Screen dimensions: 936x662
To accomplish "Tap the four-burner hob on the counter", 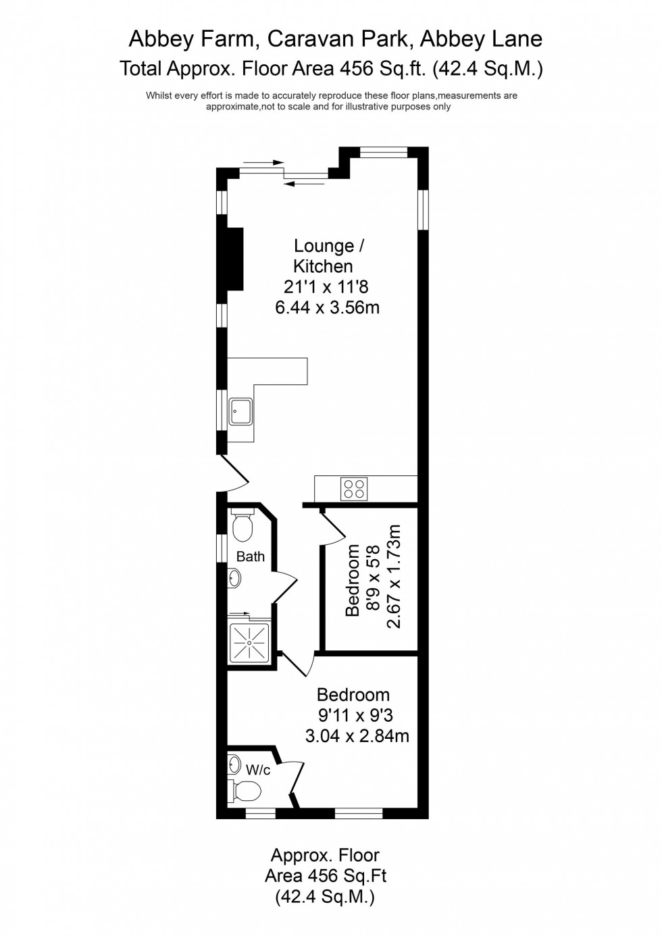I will tap(354, 488).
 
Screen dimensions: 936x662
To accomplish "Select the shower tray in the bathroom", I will tap(249, 642).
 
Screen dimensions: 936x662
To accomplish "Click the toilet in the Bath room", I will tap(243, 526).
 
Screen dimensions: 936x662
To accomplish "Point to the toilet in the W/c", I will tap(245, 789).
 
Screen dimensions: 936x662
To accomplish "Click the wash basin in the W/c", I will tap(234, 764).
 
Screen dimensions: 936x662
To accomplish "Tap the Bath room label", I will tap(251, 557).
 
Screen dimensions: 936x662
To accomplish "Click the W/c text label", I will tap(258, 769).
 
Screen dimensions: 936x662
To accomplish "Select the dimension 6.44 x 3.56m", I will tap(327, 308).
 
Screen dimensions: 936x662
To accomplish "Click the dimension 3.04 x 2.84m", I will tap(357, 735).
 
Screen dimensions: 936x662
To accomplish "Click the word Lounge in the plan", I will tap(324, 246).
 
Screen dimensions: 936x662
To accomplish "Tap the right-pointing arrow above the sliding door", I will tap(263, 162).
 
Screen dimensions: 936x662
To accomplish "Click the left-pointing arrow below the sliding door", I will tap(307, 182).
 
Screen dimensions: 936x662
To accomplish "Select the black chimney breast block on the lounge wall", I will tap(234, 259).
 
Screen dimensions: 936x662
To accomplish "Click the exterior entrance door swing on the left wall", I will tap(233, 475).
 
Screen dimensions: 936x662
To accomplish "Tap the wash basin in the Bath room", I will tap(234, 578).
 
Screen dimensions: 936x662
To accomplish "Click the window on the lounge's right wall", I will tap(424, 209).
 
